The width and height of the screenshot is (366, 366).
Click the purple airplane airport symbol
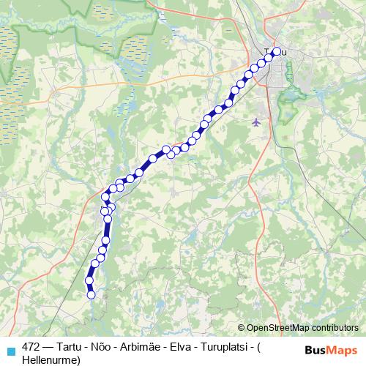[x=255, y=122]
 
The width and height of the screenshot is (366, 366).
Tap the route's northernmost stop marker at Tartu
[x=276, y=51]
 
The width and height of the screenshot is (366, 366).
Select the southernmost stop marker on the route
[x=91, y=295]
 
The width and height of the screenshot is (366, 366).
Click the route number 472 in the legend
[x=31, y=347]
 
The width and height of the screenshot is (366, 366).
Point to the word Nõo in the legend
[x=100, y=347]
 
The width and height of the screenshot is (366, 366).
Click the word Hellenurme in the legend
[x=50, y=359]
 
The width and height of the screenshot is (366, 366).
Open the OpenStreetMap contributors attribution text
[x=302, y=329]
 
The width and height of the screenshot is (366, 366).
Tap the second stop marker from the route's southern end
[x=89, y=280]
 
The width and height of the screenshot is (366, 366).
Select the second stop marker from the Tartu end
[x=269, y=59]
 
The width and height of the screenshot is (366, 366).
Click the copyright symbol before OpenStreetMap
[x=242, y=329]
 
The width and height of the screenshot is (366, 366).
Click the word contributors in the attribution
[x=333, y=329]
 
